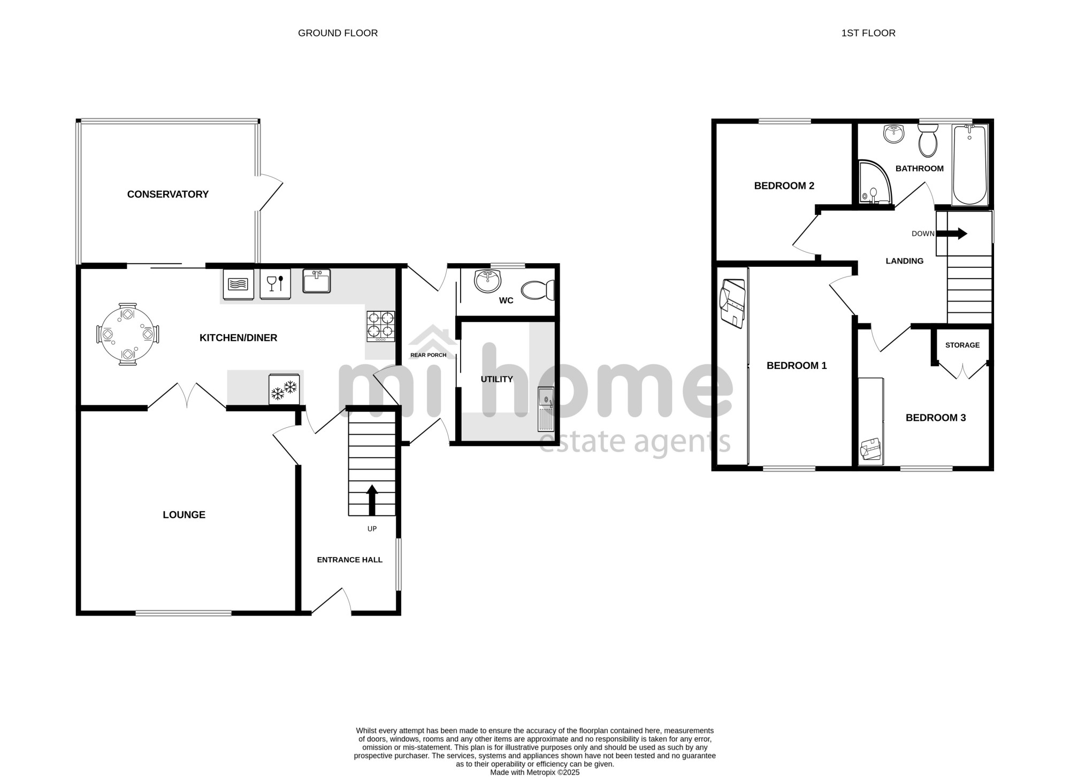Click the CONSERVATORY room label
(x=167, y=194)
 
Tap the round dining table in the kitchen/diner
(x=127, y=334)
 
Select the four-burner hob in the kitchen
(x=381, y=326)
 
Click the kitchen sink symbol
(x=317, y=281)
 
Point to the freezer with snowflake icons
(x=284, y=389)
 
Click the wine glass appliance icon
(x=275, y=283)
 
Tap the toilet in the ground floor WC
(x=538, y=290)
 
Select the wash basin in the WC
(x=487, y=281)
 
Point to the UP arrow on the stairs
(x=372, y=500)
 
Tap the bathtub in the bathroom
(x=969, y=165)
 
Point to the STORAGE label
(x=962, y=345)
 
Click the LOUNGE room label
(x=184, y=515)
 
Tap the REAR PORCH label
(x=428, y=355)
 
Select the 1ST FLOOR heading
(x=868, y=33)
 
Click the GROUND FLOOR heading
(x=338, y=33)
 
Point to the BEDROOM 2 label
(x=784, y=186)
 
